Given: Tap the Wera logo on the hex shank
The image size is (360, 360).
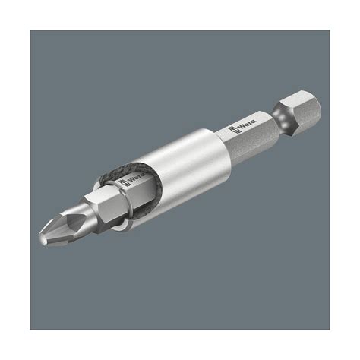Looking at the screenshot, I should point(247,124).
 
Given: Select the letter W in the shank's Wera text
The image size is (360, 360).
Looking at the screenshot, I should point(242,126).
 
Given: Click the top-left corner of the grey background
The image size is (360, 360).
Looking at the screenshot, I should point(32,32).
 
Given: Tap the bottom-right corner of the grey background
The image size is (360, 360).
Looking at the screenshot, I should point(328,328).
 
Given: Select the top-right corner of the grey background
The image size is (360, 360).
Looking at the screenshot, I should point(328,32).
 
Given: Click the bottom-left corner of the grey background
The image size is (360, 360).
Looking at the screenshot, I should point(32,328).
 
